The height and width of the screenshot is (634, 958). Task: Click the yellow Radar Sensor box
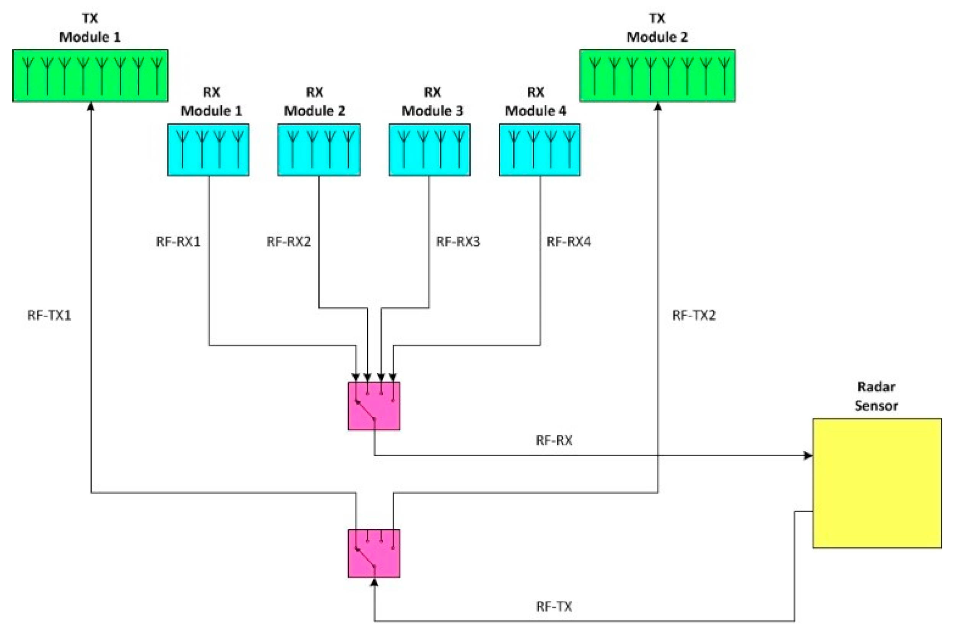coord(877,483)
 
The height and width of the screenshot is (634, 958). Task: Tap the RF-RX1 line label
coord(178,242)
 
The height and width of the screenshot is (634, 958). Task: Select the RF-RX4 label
coord(568,242)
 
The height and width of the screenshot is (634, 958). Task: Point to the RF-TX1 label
coord(49,315)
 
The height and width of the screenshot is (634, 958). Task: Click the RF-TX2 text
coord(693,315)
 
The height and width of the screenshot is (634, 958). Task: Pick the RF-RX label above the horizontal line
coord(553,441)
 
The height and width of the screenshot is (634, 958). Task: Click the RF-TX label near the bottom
coord(553,606)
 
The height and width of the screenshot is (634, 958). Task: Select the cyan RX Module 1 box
coord(208,149)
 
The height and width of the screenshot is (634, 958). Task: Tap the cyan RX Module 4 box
coord(539,149)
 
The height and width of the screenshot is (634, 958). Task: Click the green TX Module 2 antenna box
coord(657,76)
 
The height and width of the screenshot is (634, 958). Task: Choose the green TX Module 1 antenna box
coord(90,76)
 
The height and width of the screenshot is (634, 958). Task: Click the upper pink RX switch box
coord(373,406)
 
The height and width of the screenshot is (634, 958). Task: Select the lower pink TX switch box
coord(373,553)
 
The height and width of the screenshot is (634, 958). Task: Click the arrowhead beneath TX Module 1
coord(91,107)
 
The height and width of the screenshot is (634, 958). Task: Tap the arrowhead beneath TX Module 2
coord(657,107)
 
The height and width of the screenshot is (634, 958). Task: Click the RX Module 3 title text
coord(432,102)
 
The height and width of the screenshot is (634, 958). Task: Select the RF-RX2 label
coord(288,242)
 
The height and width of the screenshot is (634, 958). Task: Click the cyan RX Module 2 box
coord(319,149)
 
